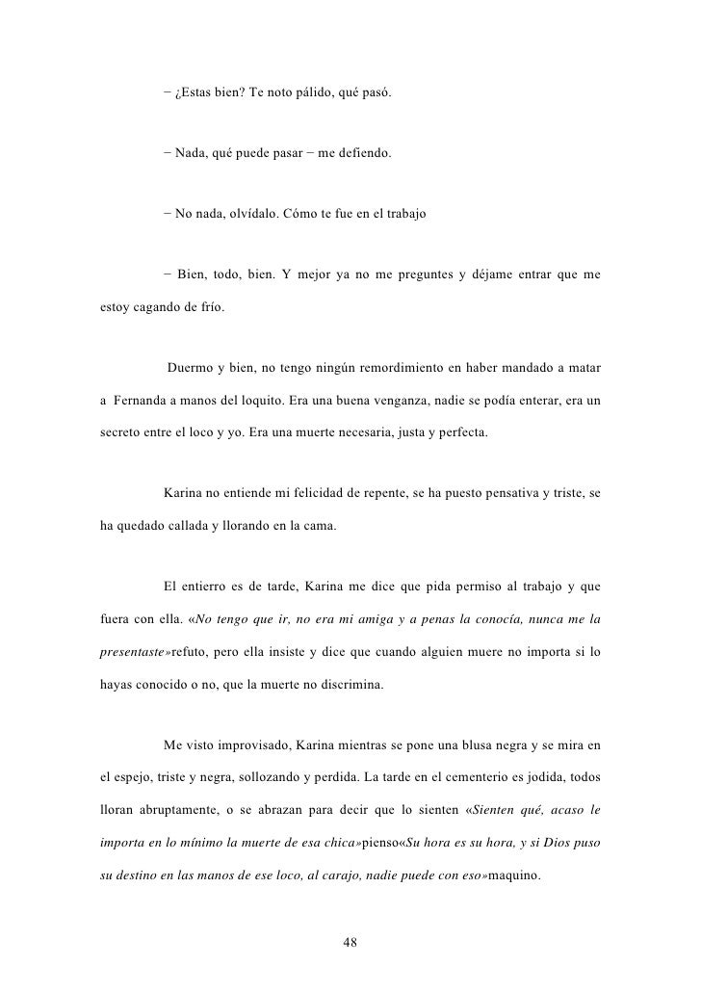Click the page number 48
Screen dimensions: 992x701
tap(350, 941)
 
